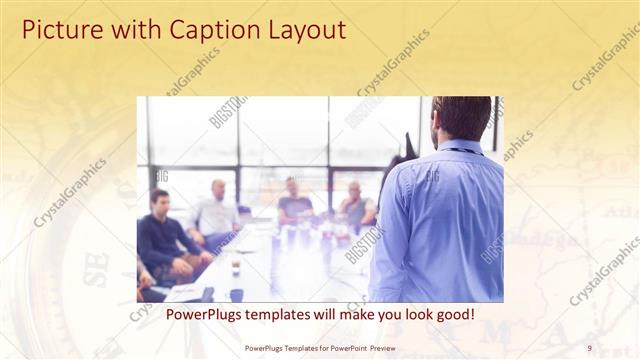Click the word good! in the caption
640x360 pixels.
(x=454, y=314)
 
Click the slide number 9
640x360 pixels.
(x=589, y=347)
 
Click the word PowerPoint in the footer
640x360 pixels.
(x=344, y=347)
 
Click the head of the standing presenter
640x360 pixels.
(x=461, y=118)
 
